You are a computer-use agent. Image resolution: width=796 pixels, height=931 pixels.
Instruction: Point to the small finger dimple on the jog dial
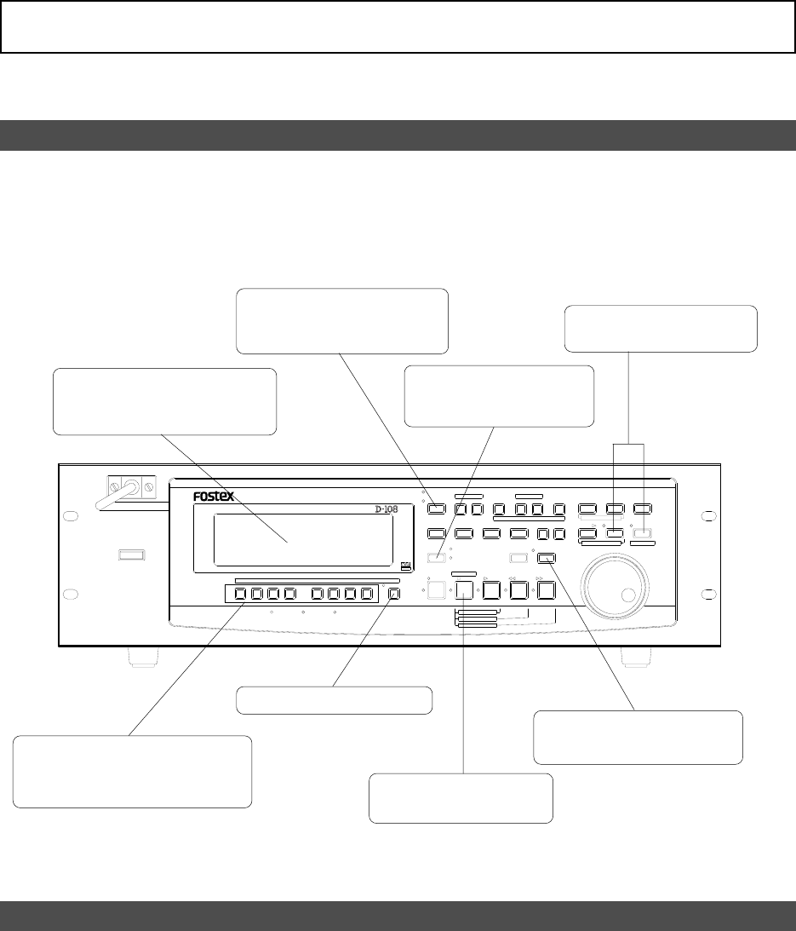(x=630, y=595)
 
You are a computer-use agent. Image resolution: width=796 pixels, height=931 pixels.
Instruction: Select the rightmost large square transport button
(x=546, y=589)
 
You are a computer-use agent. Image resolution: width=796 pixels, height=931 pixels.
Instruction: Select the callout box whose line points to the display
(x=165, y=401)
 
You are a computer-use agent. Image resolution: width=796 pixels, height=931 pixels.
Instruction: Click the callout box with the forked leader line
(x=661, y=328)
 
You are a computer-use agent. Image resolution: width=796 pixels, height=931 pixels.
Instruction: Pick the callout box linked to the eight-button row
(x=133, y=771)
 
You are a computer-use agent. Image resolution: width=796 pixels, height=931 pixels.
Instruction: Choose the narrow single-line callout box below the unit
(x=334, y=699)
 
